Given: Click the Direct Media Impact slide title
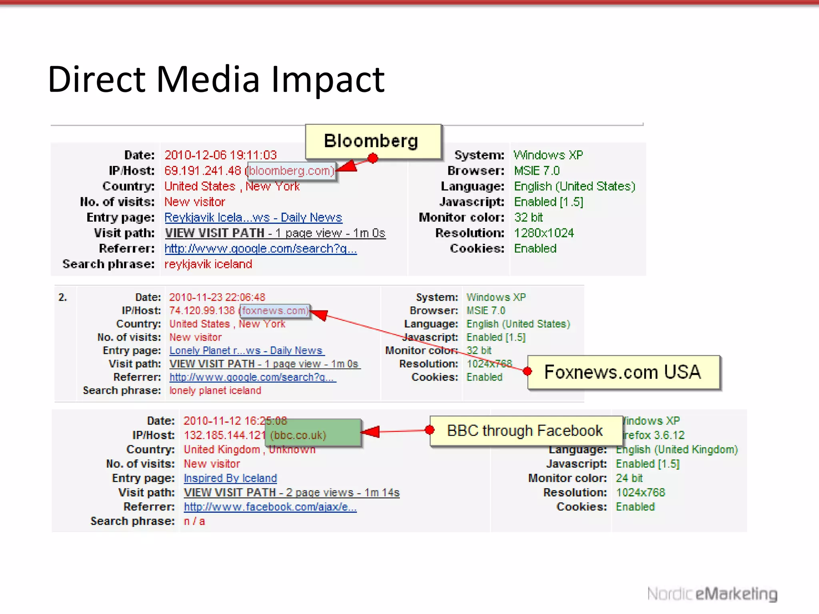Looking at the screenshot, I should click(216, 79).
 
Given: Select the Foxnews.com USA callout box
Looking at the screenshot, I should click(623, 372).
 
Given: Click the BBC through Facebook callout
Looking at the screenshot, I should click(525, 431).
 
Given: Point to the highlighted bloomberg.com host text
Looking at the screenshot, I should click(292, 171).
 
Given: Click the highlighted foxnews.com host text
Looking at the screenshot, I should click(275, 311).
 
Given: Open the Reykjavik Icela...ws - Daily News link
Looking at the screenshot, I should click(253, 217).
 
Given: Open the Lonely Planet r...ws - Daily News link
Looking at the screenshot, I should click(246, 351).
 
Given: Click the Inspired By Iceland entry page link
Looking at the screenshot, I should click(230, 478).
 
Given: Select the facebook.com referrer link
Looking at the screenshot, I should click(270, 507).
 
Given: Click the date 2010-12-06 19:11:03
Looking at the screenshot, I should click(220, 155).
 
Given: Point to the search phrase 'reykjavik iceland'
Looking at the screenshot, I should click(208, 264).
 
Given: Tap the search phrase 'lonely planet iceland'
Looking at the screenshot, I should click(215, 391).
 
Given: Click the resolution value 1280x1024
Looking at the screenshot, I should click(543, 233).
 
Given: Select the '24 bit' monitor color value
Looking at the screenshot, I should click(629, 478).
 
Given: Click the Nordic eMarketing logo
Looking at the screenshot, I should click(712, 594).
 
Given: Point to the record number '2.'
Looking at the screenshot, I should click(63, 297).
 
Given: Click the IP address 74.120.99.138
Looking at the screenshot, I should click(202, 311).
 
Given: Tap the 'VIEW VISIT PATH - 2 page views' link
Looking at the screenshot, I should click(292, 492).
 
